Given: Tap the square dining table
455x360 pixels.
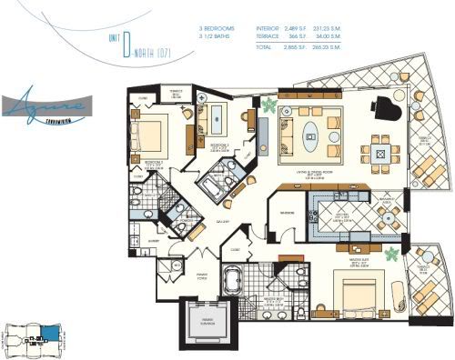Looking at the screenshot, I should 376,149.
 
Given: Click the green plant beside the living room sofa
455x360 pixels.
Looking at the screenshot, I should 270,104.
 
